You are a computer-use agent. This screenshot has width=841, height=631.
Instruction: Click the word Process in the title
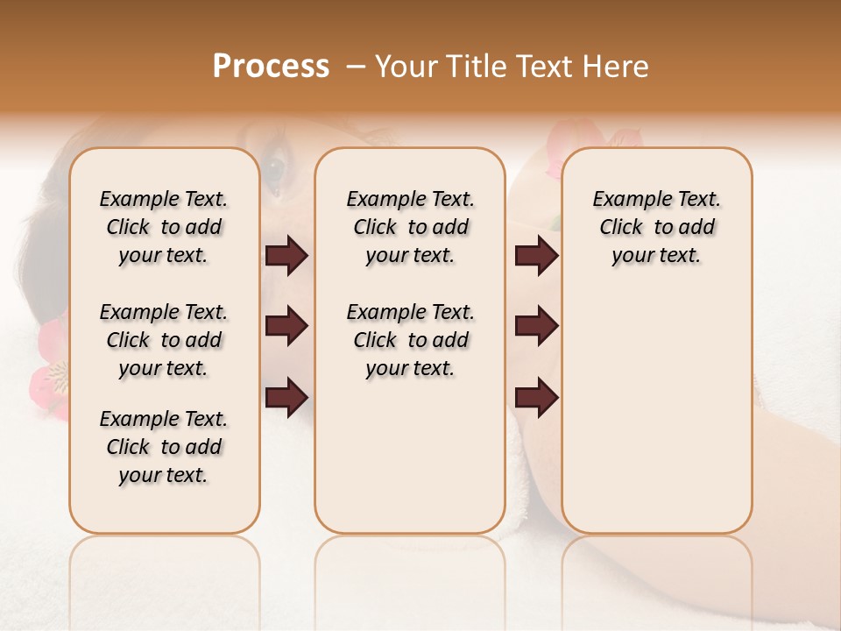(271, 67)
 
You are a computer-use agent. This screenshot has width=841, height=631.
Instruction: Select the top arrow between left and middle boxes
(286, 256)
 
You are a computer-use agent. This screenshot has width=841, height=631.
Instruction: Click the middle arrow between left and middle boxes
(286, 326)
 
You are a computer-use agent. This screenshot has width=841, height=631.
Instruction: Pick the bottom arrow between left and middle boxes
(286, 396)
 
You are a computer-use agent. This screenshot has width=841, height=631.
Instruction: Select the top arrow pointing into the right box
(536, 256)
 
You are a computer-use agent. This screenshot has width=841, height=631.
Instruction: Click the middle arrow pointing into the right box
(536, 326)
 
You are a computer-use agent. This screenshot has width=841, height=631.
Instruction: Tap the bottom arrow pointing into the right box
(536, 397)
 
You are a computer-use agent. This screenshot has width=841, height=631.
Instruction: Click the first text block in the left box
(164, 227)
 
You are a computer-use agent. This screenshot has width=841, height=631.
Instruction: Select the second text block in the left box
(164, 340)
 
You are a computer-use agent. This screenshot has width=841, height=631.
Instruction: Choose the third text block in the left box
(164, 447)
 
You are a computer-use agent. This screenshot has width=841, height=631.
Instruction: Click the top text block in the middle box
(410, 227)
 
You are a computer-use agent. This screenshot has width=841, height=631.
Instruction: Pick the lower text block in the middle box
(410, 340)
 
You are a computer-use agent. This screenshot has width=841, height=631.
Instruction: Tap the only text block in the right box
(656, 227)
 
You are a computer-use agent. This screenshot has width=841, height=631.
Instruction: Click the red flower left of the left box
(51, 368)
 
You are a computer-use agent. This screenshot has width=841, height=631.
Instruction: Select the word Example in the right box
(627, 200)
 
